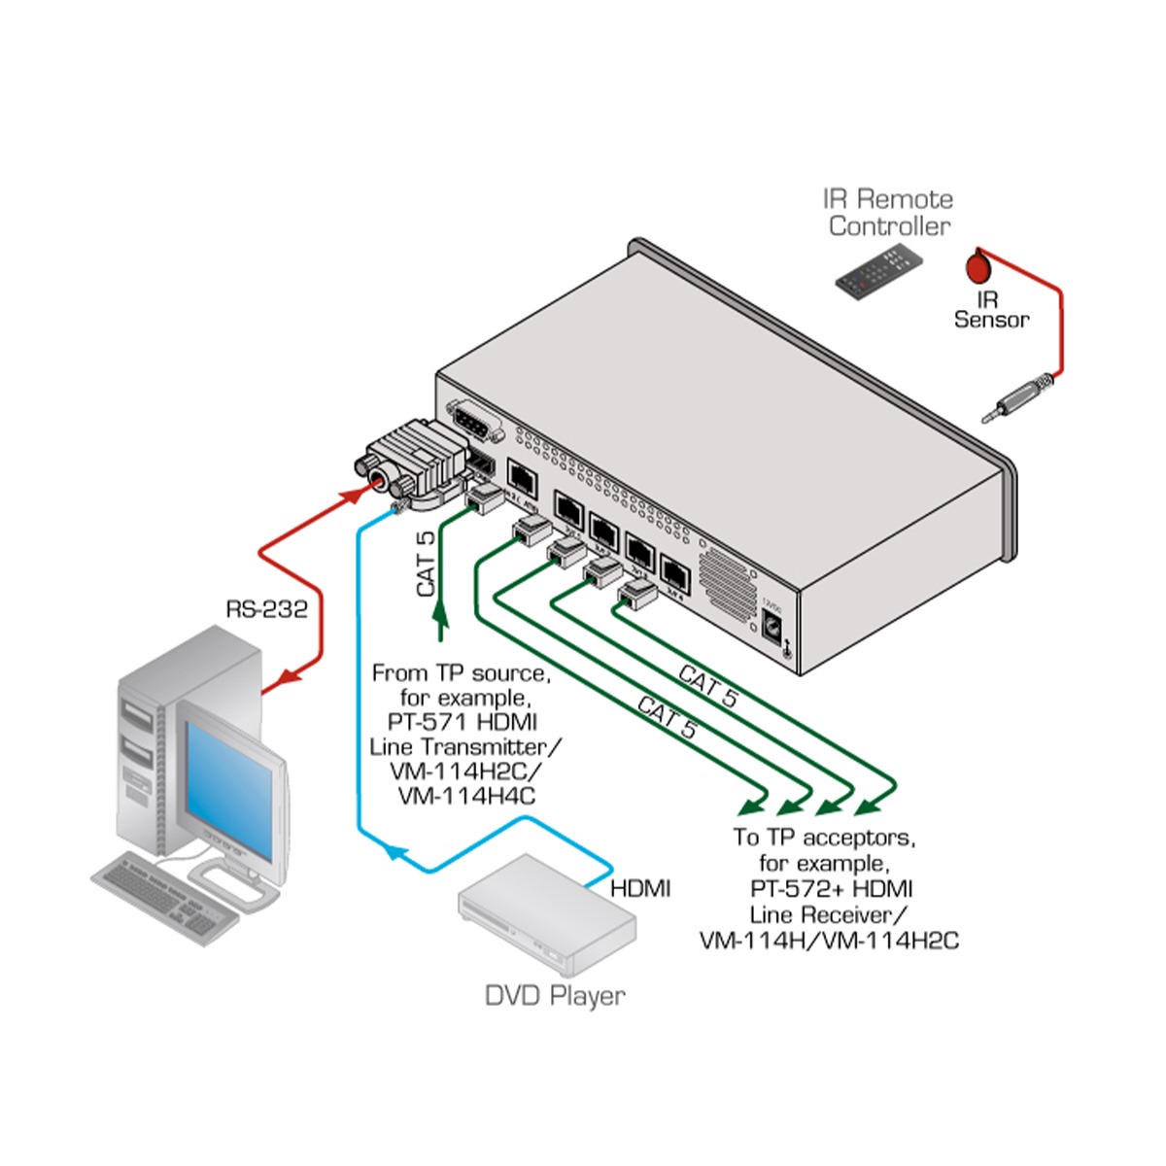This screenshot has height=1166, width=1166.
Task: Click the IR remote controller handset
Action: [878, 271]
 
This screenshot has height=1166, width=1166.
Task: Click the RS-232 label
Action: [266, 609]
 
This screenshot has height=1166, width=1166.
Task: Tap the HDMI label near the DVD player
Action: [640, 887]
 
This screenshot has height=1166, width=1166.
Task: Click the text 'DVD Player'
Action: [555, 995]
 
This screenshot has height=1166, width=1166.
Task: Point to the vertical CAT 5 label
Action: [426, 564]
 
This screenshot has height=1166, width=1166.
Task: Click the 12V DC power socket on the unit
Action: [773, 627]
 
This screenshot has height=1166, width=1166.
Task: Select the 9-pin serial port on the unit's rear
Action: [475, 424]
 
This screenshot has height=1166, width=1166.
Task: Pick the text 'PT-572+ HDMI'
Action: [831, 888]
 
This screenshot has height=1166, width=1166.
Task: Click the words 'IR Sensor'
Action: [990, 310]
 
